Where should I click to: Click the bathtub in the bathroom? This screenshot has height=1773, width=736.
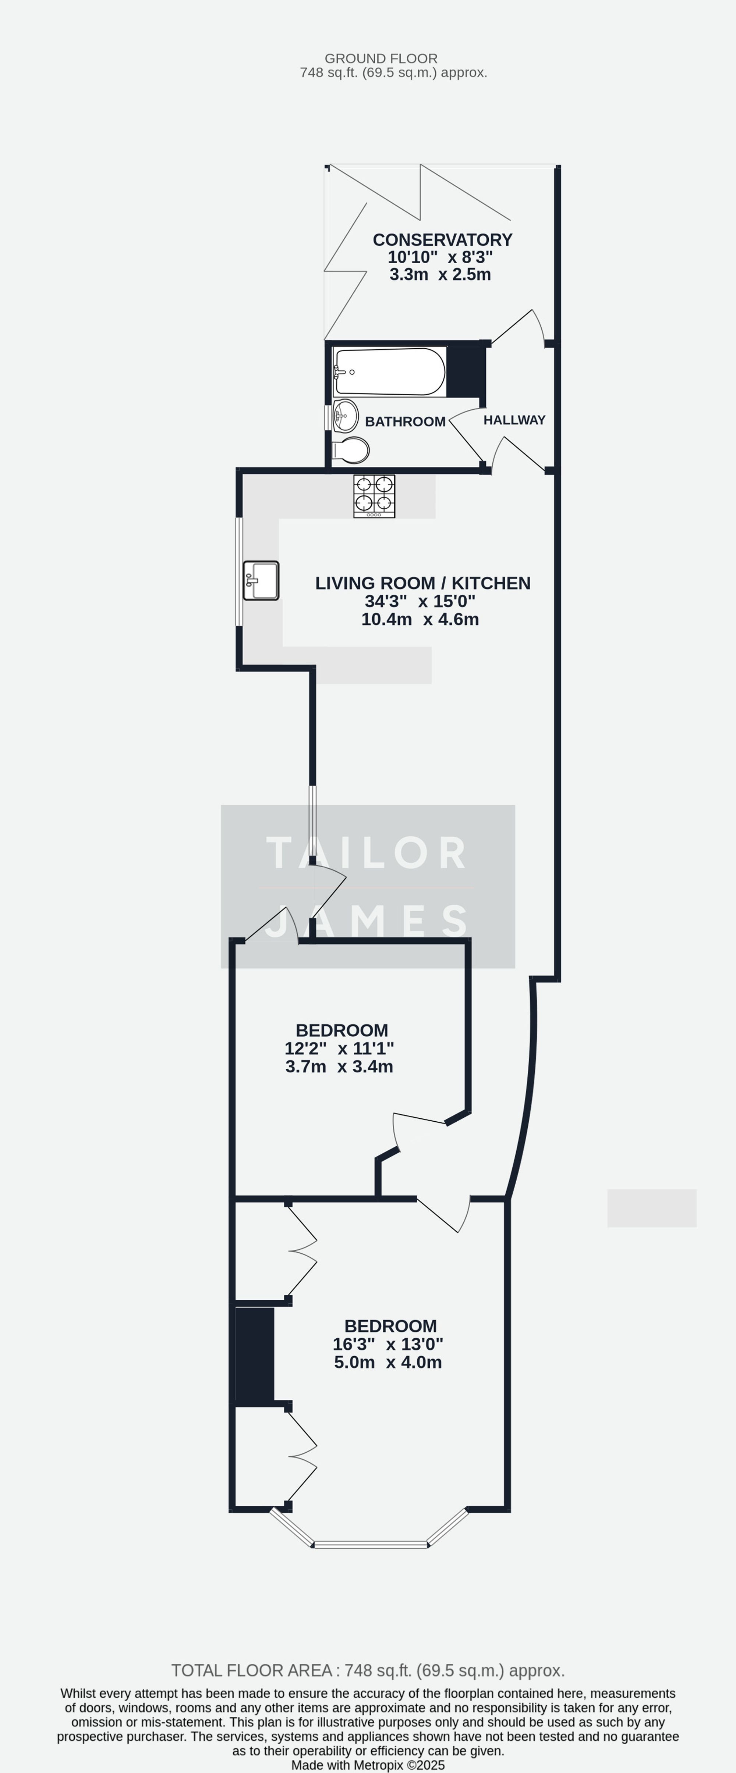pyautogui.click(x=389, y=372)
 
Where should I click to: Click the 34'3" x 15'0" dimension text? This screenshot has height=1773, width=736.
pyautogui.click(x=420, y=601)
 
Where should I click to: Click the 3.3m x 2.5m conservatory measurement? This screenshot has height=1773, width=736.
pyautogui.click(x=440, y=275)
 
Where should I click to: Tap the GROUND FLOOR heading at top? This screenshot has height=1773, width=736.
pyautogui.click(x=381, y=58)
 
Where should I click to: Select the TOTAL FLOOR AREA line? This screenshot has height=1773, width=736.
pyautogui.click(x=368, y=1670)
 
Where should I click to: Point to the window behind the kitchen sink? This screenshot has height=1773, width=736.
pyautogui.click(x=239, y=571)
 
